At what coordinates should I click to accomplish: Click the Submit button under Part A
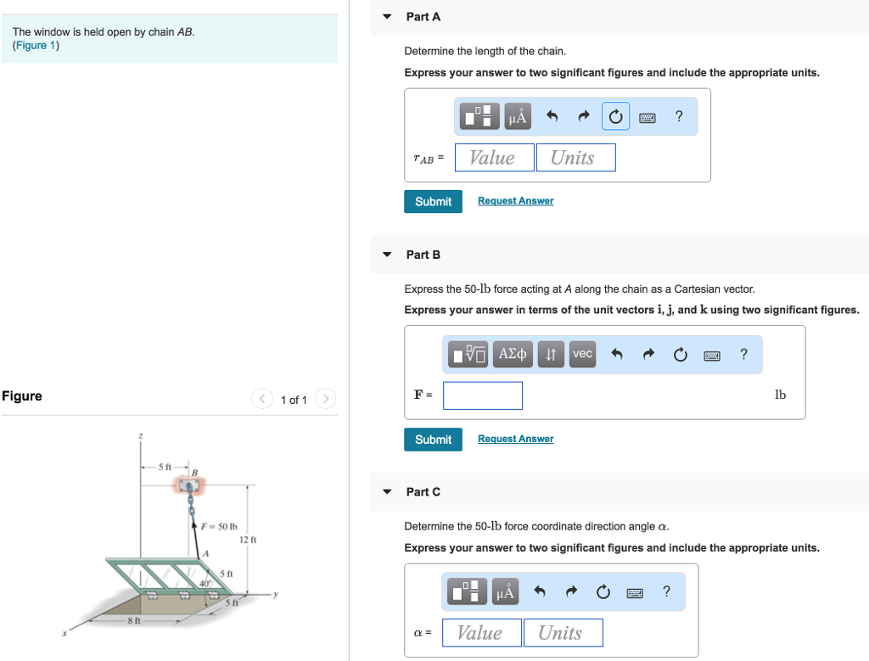433,201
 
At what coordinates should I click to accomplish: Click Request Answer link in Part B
515,439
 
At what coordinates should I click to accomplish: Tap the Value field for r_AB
494,158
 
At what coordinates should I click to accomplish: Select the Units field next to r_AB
575,158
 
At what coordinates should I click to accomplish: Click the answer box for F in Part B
482,395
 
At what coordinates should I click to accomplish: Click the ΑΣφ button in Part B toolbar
513,354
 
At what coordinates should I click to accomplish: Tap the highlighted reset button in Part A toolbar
615,117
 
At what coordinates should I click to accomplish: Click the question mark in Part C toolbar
666,592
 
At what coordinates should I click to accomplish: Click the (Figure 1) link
36,46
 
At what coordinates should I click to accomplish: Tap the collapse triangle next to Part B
387,255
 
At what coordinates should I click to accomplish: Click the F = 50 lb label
217,526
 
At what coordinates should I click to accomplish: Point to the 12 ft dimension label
248,540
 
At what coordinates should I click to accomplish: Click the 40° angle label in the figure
205,583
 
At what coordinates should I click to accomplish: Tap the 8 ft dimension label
133,622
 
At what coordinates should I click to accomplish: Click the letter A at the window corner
205,553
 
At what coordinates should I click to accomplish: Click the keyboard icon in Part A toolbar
648,117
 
